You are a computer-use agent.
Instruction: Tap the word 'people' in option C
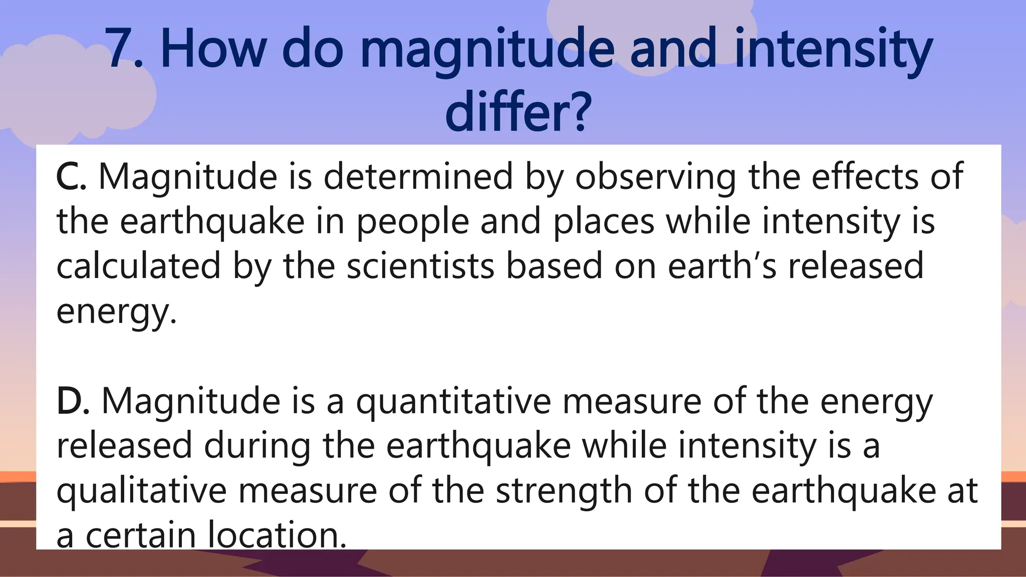[412, 222]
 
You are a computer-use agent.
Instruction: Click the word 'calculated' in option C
[138, 265]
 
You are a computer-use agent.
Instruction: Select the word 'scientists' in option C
[420, 265]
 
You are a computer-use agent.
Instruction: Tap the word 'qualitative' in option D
[141, 491]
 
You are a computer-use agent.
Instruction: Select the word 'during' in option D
[256, 446]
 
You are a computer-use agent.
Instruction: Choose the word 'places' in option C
[603, 222]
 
